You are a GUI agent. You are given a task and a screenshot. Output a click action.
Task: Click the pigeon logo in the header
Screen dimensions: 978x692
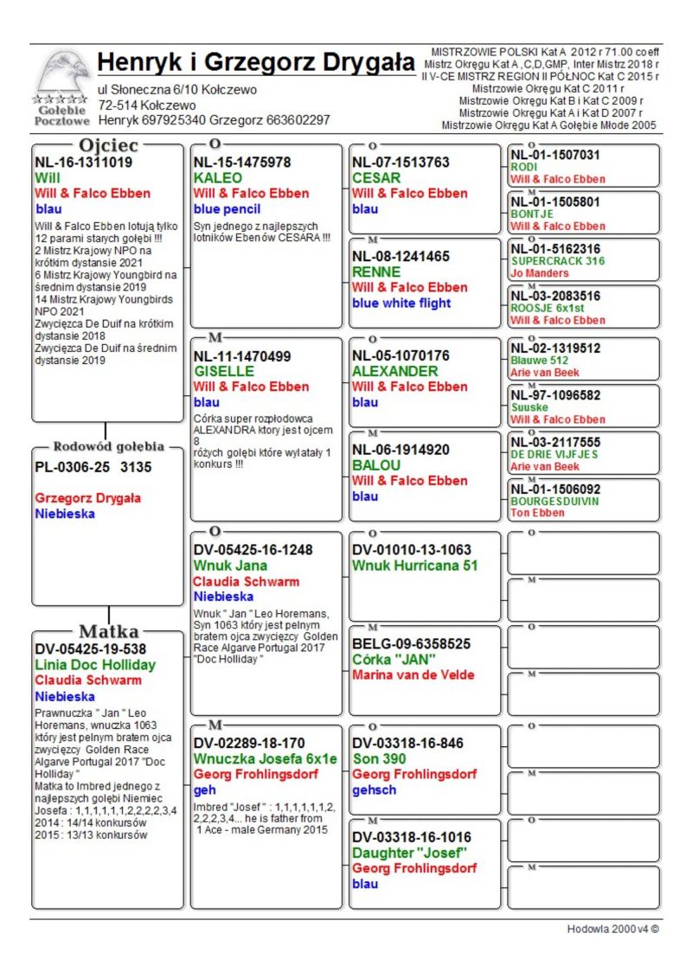pos(63,76)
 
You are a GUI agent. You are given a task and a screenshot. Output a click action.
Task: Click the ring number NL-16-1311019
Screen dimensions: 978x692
pos(83,161)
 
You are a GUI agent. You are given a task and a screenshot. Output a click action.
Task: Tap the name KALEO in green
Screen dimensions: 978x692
pos(217,178)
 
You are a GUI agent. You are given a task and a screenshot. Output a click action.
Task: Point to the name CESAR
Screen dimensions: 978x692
pos(376,178)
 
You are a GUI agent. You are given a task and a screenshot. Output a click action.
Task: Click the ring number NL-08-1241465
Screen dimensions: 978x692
pos(400,256)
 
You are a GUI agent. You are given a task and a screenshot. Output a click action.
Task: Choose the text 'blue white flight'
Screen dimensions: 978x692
pos(401,303)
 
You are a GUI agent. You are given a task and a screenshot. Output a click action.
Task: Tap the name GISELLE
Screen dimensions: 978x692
pos(223,372)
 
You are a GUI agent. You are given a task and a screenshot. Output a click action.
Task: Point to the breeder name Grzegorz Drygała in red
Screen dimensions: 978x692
pos(88,498)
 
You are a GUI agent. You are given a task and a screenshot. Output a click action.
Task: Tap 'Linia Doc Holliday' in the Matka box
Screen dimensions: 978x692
pos(95,665)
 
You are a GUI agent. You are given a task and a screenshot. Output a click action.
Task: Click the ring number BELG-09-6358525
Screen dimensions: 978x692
pos(411,644)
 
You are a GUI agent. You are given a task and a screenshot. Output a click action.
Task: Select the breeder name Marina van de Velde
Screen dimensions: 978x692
pos(413,675)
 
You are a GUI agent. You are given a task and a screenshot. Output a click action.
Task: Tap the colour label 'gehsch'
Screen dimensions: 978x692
pos(374,790)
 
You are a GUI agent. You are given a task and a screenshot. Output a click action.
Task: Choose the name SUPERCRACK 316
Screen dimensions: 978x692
pos(558,260)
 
